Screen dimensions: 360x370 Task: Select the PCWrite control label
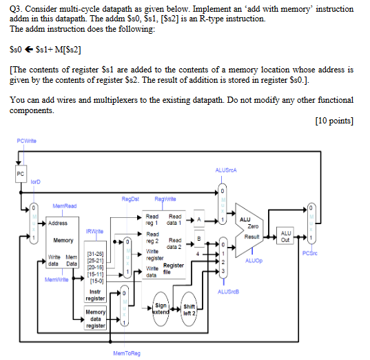coord(24,142)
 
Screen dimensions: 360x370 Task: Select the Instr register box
coord(94,295)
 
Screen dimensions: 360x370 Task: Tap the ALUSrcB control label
coord(225,291)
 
